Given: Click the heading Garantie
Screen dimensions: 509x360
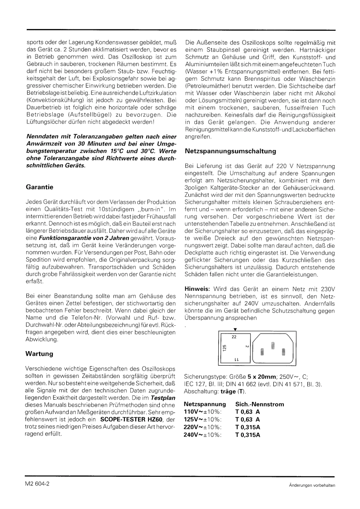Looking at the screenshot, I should pos(39,186).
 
